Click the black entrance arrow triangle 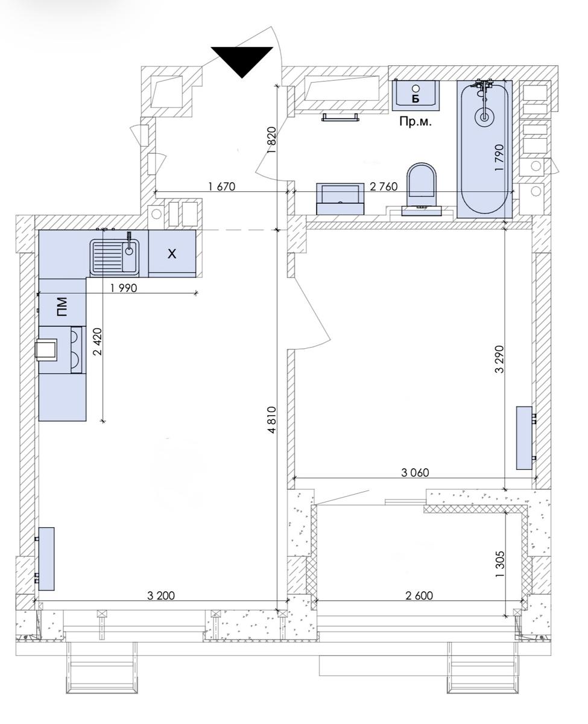[x=242, y=60]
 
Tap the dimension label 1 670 [x=221, y=186]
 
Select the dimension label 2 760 [x=384, y=186]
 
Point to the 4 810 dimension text [x=272, y=420]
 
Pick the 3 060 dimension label [x=415, y=472]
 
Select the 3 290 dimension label [x=499, y=359]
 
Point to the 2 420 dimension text [x=98, y=341]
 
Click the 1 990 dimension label [x=124, y=288]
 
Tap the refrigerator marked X [x=172, y=253]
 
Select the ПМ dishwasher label [x=62, y=307]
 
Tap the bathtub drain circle [x=484, y=117]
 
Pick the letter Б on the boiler [x=416, y=98]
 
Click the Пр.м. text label [x=416, y=121]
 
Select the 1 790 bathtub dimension [x=499, y=157]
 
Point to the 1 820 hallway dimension [x=272, y=141]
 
